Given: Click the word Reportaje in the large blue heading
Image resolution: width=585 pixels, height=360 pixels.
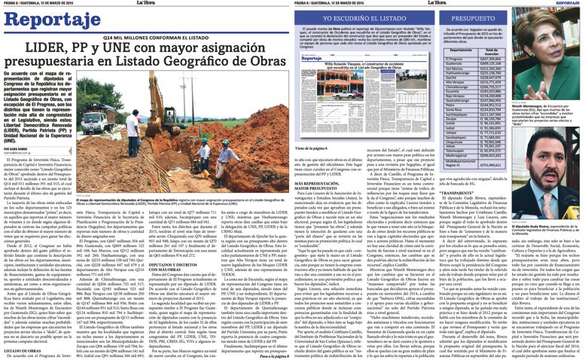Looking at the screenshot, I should (46, 23).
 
